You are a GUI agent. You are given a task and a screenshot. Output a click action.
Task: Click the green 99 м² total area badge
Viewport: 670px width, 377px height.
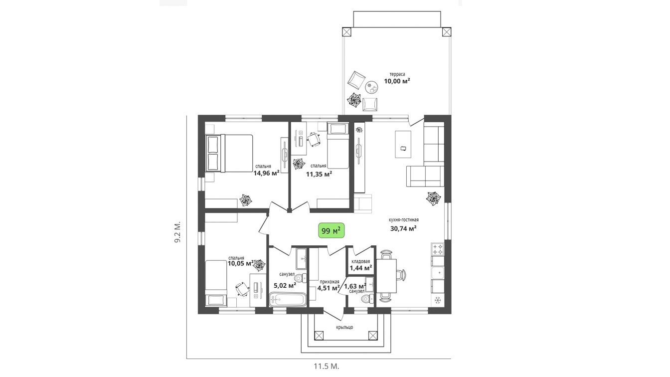331,231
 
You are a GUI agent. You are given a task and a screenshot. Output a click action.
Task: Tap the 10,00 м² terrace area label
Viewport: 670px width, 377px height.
397,81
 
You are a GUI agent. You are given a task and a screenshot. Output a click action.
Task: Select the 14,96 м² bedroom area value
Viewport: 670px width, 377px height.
267,173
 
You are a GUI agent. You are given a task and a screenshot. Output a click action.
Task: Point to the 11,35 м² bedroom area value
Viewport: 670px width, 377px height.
319,174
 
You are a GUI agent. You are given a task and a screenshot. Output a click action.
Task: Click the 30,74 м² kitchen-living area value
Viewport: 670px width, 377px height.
403,228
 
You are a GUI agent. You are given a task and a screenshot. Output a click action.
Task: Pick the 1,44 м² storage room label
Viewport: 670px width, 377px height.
361,267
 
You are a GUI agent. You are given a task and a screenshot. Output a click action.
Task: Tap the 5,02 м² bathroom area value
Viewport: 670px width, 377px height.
285,285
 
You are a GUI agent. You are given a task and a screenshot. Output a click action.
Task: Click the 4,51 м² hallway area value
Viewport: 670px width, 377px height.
328,288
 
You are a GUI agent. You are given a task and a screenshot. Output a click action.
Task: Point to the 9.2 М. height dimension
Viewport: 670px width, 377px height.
177,232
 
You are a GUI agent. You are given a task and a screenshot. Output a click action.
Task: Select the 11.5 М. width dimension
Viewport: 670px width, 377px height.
327,366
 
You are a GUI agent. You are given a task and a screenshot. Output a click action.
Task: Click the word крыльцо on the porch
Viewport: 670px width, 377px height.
344,327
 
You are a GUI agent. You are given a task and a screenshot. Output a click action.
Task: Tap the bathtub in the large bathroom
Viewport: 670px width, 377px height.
288,300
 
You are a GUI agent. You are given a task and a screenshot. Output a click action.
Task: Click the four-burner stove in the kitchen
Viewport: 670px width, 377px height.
437,249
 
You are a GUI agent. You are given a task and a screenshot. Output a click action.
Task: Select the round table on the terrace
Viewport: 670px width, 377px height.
372,87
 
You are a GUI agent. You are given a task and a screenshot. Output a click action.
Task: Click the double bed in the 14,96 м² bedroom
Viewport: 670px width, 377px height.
229,153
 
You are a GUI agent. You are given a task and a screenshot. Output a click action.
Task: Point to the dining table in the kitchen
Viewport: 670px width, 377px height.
386,276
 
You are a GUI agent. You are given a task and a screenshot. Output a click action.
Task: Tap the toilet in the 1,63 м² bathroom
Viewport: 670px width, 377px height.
367,299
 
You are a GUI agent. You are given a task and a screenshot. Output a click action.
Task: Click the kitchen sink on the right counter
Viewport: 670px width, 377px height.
437,272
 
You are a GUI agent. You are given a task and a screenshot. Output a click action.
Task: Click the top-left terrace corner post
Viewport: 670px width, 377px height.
346,32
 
